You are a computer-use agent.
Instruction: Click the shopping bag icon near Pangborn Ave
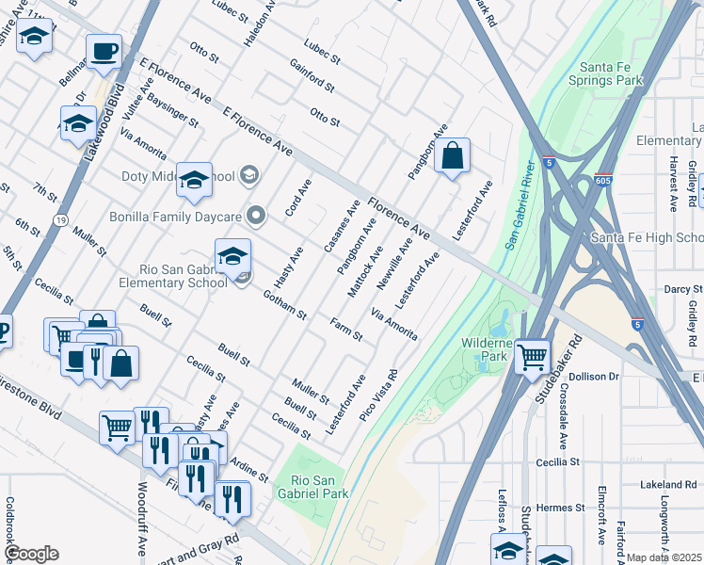453,157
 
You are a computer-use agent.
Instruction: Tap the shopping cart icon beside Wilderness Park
533,357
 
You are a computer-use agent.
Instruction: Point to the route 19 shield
60,219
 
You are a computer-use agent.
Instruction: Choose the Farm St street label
346,330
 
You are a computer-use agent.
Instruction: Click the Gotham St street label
285,304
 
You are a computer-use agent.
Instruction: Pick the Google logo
31,553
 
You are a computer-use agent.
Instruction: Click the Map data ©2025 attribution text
664,557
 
